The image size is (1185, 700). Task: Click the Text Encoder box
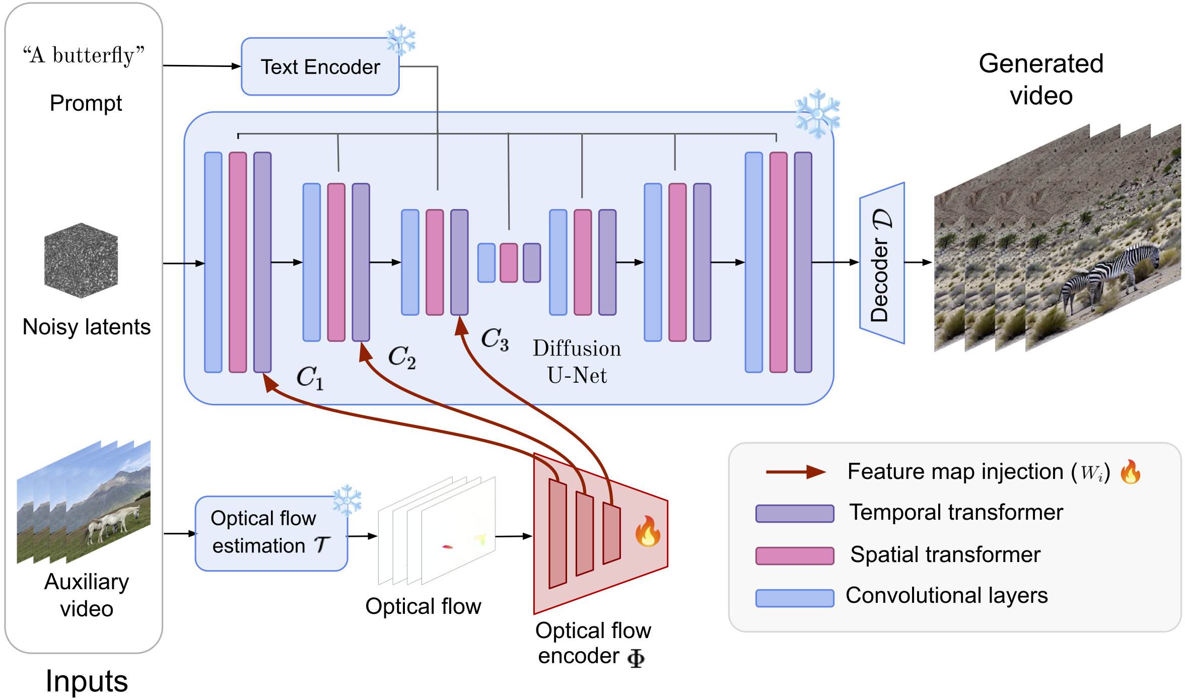pyautogui.click(x=320, y=67)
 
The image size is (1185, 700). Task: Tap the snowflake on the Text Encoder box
pyautogui.click(x=401, y=39)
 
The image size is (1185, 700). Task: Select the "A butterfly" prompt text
pyautogui.click(x=84, y=55)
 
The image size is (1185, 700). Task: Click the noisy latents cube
pyautogui.click(x=81, y=260)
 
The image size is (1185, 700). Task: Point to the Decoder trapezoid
pyautogui.click(x=882, y=263)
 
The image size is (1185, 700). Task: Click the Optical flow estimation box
pyautogui.click(x=271, y=533)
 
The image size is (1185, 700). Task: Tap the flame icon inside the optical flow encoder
pyautogui.click(x=648, y=531)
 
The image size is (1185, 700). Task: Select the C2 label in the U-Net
pyautogui.click(x=402, y=357)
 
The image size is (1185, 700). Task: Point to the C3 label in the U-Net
pyautogui.click(x=495, y=339)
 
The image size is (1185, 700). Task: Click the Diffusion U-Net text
pyautogui.click(x=577, y=362)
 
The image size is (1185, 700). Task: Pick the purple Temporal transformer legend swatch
pyautogui.click(x=795, y=514)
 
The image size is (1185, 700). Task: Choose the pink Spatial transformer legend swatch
pyautogui.click(x=795, y=555)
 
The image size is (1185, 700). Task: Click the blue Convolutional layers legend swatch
pyautogui.click(x=795, y=598)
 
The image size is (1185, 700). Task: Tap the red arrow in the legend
pyautogui.click(x=796, y=472)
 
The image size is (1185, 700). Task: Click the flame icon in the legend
pyautogui.click(x=1131, y=472)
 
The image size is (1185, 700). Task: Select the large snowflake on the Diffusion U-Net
pyautogui.click(x=817, y=114)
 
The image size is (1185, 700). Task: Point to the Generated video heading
pyautogui.click(x=1041, y=80)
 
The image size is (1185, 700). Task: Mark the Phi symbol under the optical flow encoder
pyautogui.click(x=636, y=658)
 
